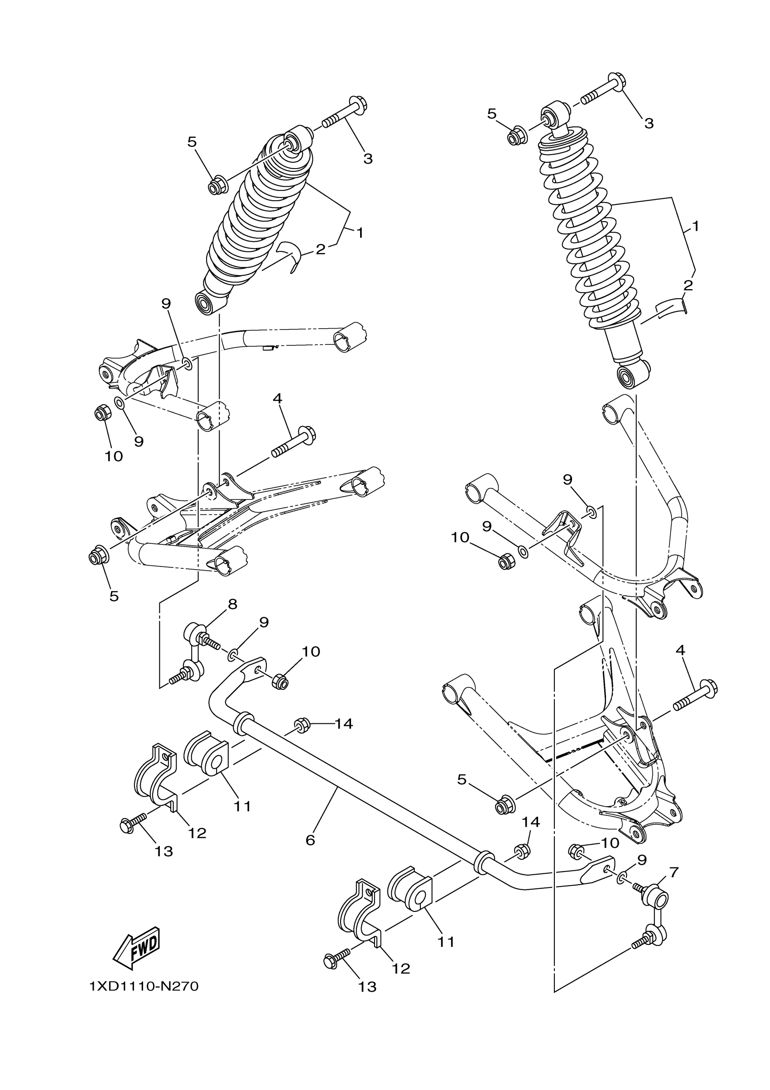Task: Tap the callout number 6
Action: click(310, 840)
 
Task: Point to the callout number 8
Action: click(232, 604)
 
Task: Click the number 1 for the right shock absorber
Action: click(695, 226)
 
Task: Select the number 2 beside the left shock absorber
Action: click(321, 249)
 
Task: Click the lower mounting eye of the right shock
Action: click(628, 377)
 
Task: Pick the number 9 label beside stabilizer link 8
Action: click(264, 622)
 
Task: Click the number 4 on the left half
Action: click(278, 398)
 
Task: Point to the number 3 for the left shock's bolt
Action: click(368, 159)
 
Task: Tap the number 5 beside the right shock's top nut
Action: click(491, 113)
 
